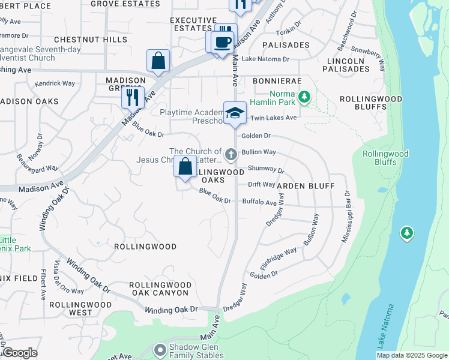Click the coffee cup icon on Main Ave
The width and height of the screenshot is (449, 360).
click(223, 42)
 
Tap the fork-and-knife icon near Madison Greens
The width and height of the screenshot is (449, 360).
click(133, 96)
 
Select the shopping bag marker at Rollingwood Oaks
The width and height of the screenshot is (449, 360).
click(185, 166)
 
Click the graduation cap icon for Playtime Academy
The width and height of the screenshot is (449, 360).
click(235, 112)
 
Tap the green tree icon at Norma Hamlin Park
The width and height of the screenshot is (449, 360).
click(304, 96)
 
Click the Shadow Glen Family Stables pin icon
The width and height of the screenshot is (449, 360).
click(160, 349)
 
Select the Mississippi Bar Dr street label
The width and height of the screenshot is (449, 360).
click(346, 217)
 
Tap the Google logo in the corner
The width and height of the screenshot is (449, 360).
click(20, 353)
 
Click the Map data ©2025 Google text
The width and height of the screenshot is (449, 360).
click(411, 355)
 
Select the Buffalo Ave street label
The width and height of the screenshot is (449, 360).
click(259, 202)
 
